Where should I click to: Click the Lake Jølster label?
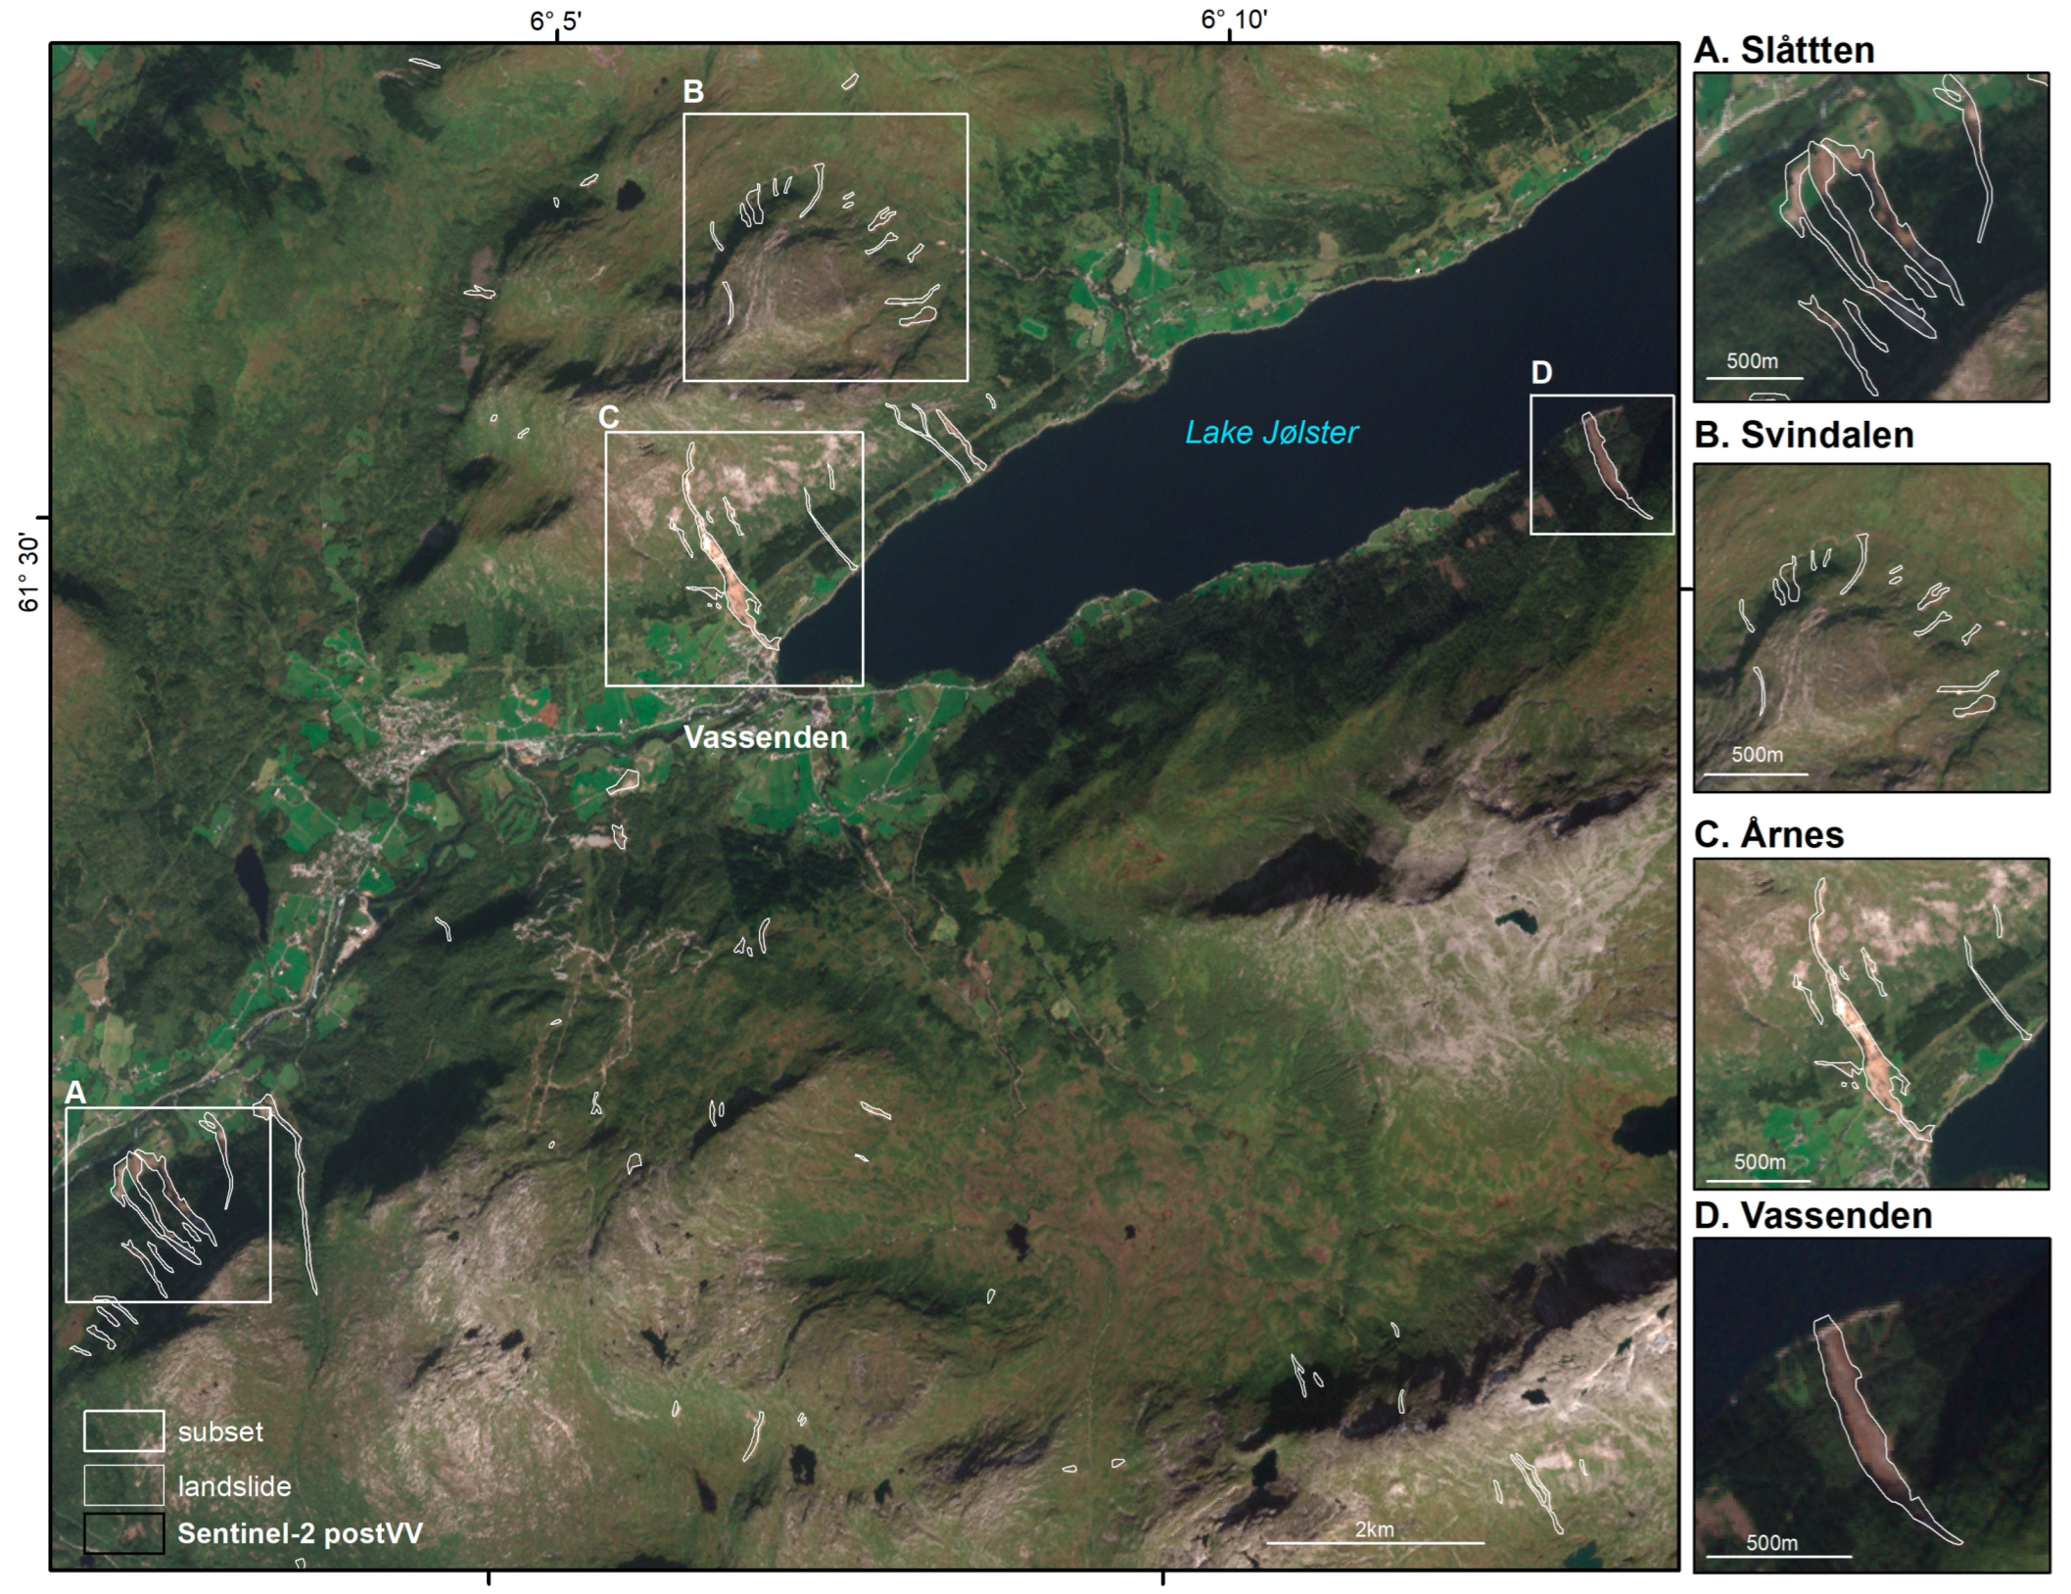1272,432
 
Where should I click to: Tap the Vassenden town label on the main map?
765,737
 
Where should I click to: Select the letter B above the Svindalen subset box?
693,92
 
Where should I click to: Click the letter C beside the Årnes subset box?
608,417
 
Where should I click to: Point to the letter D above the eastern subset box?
1540,372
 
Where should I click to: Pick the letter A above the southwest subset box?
75,1093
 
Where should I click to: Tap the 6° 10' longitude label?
1228,20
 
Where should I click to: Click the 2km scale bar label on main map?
1374,1529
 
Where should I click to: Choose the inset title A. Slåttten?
1784,51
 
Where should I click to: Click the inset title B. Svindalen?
1804,436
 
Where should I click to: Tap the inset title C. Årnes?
1768,835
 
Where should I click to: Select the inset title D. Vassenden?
1812,1216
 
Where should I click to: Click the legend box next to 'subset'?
123,1430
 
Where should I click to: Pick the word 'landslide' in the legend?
234,1486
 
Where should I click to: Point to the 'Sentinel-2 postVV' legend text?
300,1533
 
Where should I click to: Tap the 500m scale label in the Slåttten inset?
1752,361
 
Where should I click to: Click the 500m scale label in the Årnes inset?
1760,1162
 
